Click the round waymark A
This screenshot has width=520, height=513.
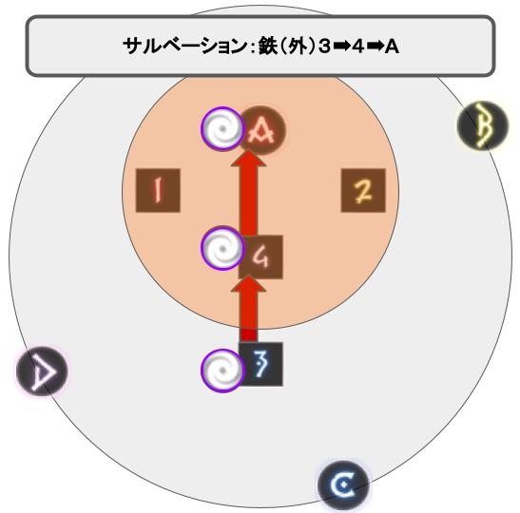(x=262, y=130)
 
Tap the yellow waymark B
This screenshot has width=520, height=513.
(x=483, y=125)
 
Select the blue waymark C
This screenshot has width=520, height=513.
(x=343, y=485)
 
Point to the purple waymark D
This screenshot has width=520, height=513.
(x=42, y=371)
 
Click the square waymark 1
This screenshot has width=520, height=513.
(x=158, y=191)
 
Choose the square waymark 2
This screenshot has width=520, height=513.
(x=363, y=191)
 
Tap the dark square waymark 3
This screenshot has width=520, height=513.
(x=260, y=364)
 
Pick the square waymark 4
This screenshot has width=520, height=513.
(x=260, y=257)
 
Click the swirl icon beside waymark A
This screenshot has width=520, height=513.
(x=222, y=128)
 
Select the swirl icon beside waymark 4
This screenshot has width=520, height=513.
(x=222, y=248)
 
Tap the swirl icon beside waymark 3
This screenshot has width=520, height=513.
(x=222, y=370)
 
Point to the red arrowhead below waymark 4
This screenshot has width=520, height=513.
(x=249, y=284)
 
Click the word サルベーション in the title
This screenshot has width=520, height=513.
(x=184, y=46)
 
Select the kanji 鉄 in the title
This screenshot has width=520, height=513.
(x=268, y=46)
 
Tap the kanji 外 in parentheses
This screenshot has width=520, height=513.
(x=297, y=46)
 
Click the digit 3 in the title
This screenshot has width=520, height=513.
(x=325, y=46)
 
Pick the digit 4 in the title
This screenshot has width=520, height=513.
(x=358, y=46)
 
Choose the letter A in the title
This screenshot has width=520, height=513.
(x=392, y=46)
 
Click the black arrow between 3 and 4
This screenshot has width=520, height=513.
(x=341, y=46)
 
